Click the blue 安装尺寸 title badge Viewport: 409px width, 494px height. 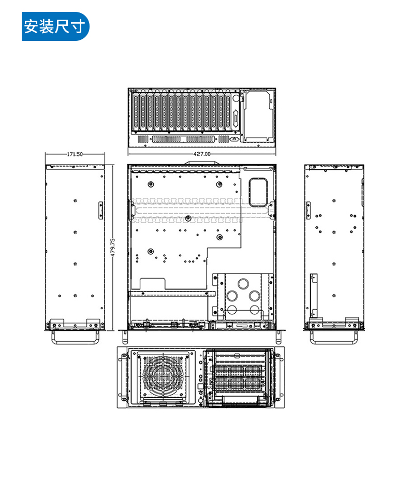(x=55, y=26)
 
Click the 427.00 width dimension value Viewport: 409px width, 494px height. (x=202, y=154)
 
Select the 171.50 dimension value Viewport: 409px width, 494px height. (x=75, y=154)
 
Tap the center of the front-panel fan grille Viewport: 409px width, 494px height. (x=163, y=376)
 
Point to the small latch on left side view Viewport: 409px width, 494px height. (x=100, y=211)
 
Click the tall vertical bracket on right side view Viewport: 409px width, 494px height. (x=313, y=295)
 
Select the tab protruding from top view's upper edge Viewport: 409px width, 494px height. (x=202, y=163)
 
